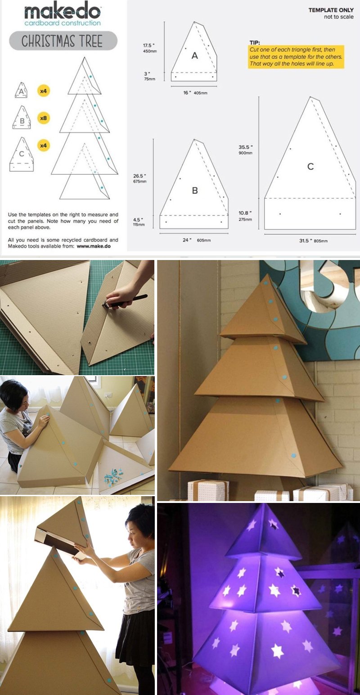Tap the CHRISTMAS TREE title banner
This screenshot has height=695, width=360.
click(63, 40)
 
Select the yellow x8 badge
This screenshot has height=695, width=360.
click(44, 118)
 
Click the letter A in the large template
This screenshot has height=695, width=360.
click(194, 55)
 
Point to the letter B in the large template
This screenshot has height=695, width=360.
click(195, 190)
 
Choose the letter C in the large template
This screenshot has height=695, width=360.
click(310, 166)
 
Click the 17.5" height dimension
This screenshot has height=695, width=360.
click(149, 48)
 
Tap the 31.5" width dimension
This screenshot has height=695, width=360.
click(313, 241)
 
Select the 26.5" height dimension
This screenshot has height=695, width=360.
click(140, 179)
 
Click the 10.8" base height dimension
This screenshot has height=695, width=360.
click(246, 215)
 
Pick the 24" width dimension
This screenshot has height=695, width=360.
click(197, 240)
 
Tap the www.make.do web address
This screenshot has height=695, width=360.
click(94, 247)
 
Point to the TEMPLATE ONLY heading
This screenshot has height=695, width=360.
click(331, 10)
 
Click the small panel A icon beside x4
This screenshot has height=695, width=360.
click(21, 90)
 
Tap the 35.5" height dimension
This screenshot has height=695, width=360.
click(246, 149)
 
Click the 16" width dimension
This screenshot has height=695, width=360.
click(195, 93)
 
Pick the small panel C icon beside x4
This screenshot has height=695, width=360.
click(22, 154)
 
